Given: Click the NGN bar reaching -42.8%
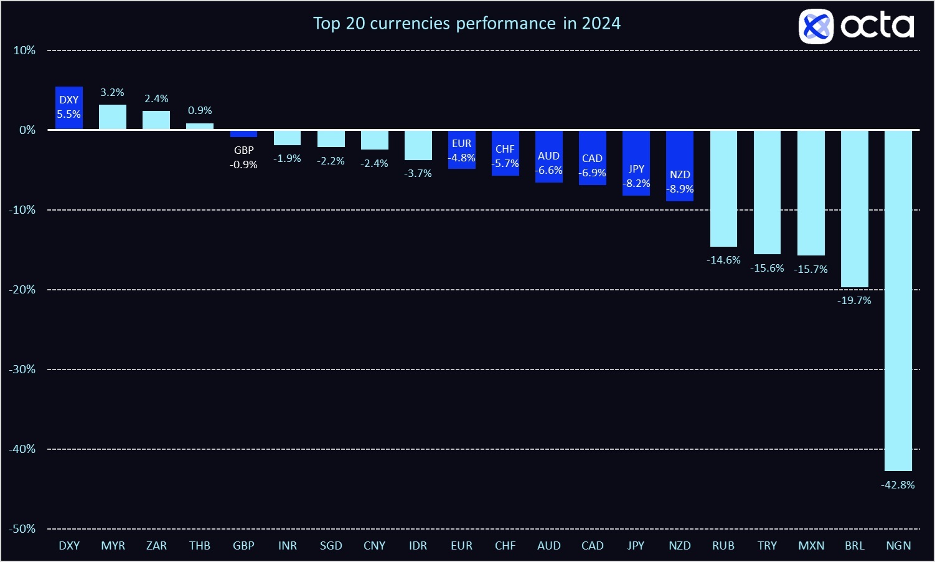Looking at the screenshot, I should point(898,299).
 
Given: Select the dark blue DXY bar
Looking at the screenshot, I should point(69,108).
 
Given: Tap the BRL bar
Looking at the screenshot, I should point(854,209).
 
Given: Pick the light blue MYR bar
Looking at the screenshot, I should point(113,117).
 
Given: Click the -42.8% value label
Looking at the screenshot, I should point(898,485).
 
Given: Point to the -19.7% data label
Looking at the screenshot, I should point(854,300).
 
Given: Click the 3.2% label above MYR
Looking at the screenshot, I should point(113,92).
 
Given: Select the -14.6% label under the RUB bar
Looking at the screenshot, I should point(723,260).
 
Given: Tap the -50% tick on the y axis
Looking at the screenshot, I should point(22,528).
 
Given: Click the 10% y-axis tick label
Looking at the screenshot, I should point(25,50).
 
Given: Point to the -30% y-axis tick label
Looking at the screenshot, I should point(22,369).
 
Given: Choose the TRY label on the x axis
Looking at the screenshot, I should point(767,546).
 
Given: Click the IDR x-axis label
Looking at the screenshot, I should point(418,546).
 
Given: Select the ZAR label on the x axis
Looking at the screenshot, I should point(156,546).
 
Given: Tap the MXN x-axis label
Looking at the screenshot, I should point(811,546).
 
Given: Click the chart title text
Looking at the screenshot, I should point(467,24).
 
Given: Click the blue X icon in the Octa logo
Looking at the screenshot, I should point(815,26).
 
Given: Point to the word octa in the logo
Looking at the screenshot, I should point(877,26).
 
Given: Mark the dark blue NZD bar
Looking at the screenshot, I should point(680,165).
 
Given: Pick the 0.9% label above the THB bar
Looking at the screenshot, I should point(200,110).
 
